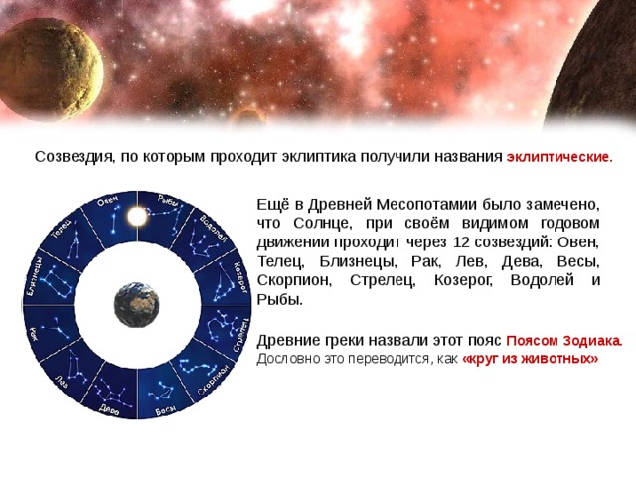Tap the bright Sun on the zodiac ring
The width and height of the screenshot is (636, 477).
(135, 211)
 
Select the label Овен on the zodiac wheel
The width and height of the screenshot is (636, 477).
(107, 203)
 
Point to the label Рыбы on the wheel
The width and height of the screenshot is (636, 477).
(166, 203)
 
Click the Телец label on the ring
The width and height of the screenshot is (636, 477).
(62, 230)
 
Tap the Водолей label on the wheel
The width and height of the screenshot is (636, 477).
(211, 232)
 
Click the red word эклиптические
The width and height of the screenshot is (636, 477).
(559, 157)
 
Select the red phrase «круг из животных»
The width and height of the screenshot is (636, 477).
(531, 358)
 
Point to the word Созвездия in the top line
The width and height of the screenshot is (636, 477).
(69, 157)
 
